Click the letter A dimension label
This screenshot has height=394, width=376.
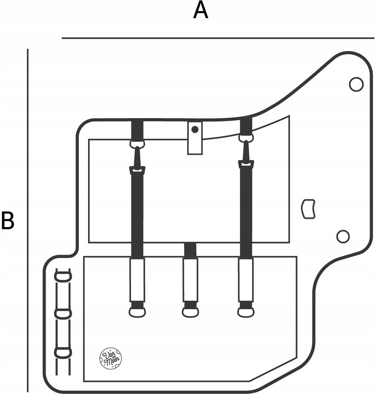pos(201,10)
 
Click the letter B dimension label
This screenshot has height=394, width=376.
pos(7,220)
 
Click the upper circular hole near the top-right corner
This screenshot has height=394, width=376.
pos(356,84)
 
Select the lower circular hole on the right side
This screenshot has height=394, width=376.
pos(343,236)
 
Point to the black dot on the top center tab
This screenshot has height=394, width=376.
pos(195,129)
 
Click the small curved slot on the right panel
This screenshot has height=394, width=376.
pos(309,209)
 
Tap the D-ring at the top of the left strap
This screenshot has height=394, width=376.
pos(137,143)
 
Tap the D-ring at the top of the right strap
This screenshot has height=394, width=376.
pos(246,138)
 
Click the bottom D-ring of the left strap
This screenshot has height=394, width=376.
pos(137,312)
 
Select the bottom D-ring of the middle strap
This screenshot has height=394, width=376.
pos(191,312)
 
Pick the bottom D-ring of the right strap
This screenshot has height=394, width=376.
pos(246,312)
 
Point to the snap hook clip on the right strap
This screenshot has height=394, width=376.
pos(246,156)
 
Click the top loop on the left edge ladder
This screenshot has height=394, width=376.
pos(63,276)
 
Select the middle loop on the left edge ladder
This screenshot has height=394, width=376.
pos(63,314)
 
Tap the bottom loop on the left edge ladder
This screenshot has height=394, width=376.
pos(63,352)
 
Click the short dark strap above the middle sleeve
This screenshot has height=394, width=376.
pos(190,250)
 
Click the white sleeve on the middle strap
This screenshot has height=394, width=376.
pos(191,279)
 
